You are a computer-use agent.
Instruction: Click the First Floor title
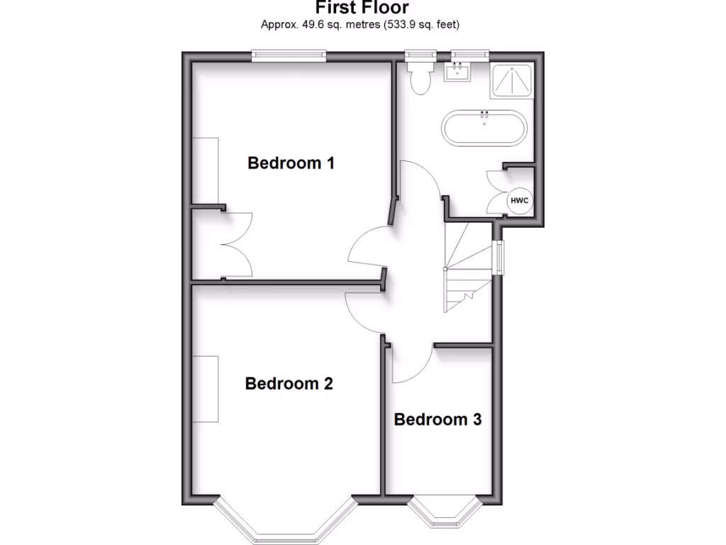(x=362, y=8)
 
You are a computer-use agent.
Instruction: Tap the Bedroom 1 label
(x=291, y=163)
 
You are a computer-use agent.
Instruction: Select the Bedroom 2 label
(x=289, y=384)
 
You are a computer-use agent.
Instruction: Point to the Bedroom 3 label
(x=437, y=419)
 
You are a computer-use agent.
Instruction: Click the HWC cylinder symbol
(x=520, y=202)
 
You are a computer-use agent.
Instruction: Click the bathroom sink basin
(x=457, y=72)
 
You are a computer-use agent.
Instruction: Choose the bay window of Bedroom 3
(x=445, y=512)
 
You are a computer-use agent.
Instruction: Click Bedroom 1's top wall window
(x=289, y=55)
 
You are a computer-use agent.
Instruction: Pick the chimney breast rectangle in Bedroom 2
(x=206, y=389)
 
